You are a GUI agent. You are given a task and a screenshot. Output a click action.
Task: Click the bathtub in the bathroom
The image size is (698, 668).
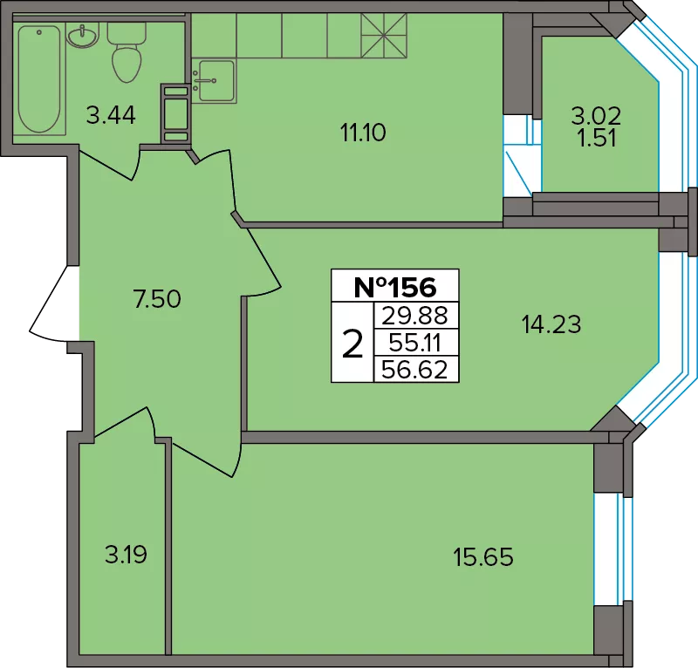pyautogui.click(x=39, y=79)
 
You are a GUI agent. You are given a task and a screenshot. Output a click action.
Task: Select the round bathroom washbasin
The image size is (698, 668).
pyautogui.click(x=83, y=34)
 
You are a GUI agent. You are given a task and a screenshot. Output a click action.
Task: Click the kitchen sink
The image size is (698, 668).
pyautogui.click(x=215, y=80)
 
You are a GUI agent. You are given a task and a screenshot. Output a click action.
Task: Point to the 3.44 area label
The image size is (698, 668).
pyautogui.click(x=111, y=115)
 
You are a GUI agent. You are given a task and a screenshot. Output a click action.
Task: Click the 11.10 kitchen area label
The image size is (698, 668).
pyautogui.click(x=363, y=133)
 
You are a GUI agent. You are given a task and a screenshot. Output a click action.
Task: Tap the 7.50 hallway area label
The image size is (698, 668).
pyautogui.click(x=157, y=298)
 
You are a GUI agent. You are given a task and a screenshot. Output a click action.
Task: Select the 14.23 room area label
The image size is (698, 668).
pyautogui.click(x=551, y=324)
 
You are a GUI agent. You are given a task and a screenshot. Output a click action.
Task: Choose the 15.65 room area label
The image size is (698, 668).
pyautogui.click(x=483, y=556)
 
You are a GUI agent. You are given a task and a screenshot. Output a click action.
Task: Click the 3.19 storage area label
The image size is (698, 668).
pyautogui.click(x=126, y=555)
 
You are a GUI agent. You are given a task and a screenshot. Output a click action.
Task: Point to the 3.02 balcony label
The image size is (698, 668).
pyautogui.click(x=596, y=116)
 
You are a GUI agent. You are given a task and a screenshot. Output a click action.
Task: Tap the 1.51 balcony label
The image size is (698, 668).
pyautogui.click(x=597, y=138)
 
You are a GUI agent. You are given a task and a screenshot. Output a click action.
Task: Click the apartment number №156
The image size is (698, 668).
pyautogui.click(x=395, y=287)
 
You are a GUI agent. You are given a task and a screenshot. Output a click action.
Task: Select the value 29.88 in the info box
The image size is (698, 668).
pyautogui.click(x=415, y=316)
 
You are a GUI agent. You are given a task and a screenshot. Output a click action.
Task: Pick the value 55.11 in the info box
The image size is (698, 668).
pyautogui.click(x=415, y=343)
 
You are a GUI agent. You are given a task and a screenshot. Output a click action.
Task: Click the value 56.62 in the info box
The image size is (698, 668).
pyautogui.click(x=415, y=370)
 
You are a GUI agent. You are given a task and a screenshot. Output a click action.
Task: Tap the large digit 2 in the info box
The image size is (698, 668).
pyautogui.click(x=352, y=344)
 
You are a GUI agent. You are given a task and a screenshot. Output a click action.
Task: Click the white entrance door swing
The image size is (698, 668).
pyautogui.click(x=54, y=305)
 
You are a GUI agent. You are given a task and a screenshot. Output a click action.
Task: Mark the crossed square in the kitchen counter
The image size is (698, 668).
pyautogui.click(x=384, y=36)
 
